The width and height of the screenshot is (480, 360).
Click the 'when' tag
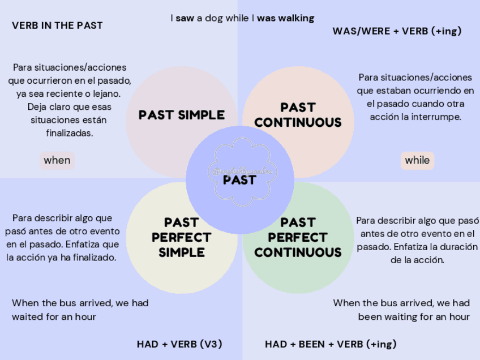[x=57, y=160]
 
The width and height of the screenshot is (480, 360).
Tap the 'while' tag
[x=417, y=160]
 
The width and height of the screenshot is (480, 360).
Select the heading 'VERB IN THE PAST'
[x=57, y=25]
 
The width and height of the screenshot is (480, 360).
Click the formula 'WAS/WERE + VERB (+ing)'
[x=397, y=31]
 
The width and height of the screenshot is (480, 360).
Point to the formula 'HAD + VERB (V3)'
[x=179, y=344]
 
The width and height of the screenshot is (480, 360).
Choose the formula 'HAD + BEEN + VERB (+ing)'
[x=331, y=344]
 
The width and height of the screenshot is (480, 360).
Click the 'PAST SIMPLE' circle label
[x=182, y=115]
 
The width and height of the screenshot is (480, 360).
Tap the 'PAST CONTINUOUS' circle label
[x=298, y=115]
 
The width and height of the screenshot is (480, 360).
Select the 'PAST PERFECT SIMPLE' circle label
[x=181, y=237]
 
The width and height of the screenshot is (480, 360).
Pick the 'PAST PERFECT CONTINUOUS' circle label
[x=298, y=237]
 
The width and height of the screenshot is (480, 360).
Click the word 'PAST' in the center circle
[x=239, y=181]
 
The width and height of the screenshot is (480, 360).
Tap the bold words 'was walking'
[x=285, y=18]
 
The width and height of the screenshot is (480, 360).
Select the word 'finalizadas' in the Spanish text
[x=69, y=134]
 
